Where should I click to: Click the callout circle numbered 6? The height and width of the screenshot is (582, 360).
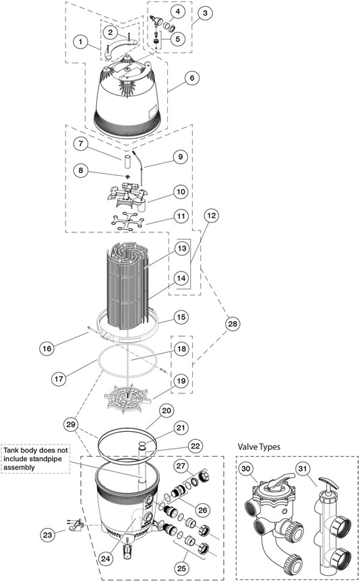[x=191, y=78]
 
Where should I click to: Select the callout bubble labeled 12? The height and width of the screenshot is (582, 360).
[x=211, y=216]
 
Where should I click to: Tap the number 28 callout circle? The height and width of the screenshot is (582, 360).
[x=232, y=323]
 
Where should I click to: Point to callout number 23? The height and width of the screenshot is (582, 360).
[x=48, y=535]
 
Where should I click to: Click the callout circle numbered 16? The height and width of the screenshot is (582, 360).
[x=47, y=348]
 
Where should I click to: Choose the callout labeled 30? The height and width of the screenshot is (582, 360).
[x=246, y=468]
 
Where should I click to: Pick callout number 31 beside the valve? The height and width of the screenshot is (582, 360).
[x=303, y=469]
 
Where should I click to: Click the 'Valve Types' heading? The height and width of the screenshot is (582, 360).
[x=259, y=447]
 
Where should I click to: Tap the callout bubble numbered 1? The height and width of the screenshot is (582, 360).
[x=81, y=42]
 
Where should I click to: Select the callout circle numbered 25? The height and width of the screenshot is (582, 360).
[x=182, y=567]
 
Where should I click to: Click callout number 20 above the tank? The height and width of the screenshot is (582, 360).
[x=167, y=410]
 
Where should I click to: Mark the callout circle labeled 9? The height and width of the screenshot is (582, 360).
[x=180, y=157]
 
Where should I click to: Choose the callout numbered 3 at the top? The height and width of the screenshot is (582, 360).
[x=205, y=13]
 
